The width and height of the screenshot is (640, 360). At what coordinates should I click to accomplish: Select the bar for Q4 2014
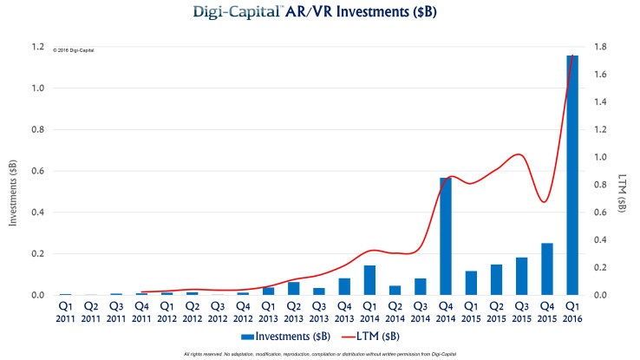(x=446, y=236)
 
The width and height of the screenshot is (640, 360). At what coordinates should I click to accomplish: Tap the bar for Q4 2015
(x=547, y=269)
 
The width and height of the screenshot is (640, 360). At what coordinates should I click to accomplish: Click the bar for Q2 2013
(x=294, y=288)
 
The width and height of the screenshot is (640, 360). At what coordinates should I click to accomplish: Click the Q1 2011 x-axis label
(x=66, y=311)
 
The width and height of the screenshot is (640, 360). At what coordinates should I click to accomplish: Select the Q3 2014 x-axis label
(x=421, y=311)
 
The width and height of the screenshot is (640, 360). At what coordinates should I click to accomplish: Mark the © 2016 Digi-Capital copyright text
(x=74, y=51)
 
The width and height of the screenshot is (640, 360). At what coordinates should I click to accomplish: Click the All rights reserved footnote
(x=319, y=354)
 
